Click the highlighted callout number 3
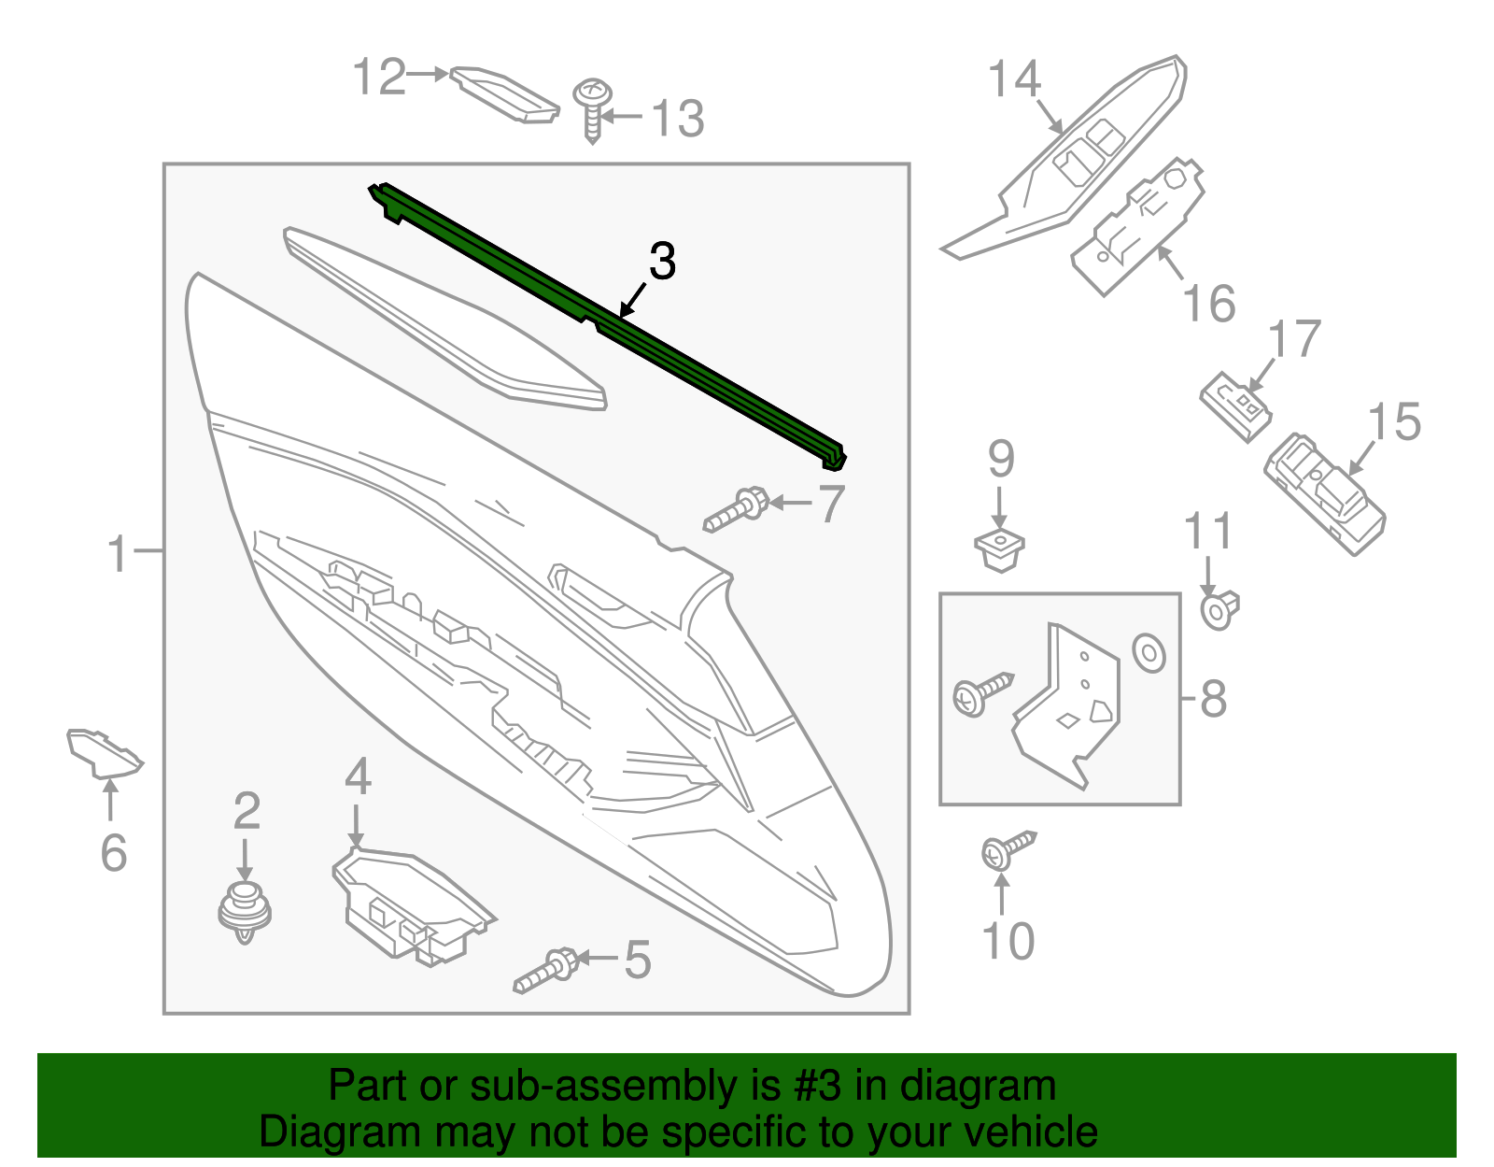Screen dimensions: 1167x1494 coord(662,262)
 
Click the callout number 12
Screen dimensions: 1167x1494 coord(380,77)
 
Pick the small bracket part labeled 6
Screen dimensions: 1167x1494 coord(103,753)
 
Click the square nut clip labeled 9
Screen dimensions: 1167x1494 coord(999,548)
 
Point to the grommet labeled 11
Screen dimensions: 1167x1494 coord(1219,610)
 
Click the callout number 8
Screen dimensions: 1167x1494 coord(1212,698)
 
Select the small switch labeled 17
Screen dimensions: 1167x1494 coord(1235,406)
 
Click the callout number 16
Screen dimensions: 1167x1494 coord(1208,304)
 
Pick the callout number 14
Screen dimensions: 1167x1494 coord(1014,79)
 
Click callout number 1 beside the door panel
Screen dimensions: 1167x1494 coord(117,554)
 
